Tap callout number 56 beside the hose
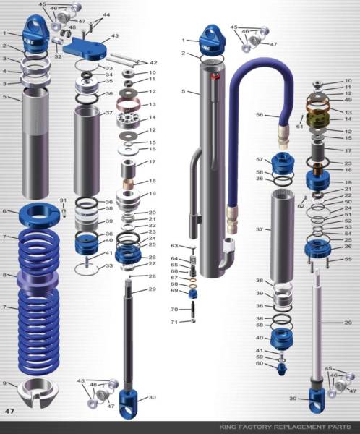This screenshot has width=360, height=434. click(260, 114)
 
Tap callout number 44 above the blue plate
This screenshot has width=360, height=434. click(106, 14)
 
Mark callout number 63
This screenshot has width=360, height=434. click(174, 246)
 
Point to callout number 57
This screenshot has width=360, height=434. click(260, 159)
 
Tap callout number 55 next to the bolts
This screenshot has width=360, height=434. click(348, 258)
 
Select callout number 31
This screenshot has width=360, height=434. click(63, 200)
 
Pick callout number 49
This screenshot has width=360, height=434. click(348, 100)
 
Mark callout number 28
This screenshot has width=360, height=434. click(153, 276)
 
